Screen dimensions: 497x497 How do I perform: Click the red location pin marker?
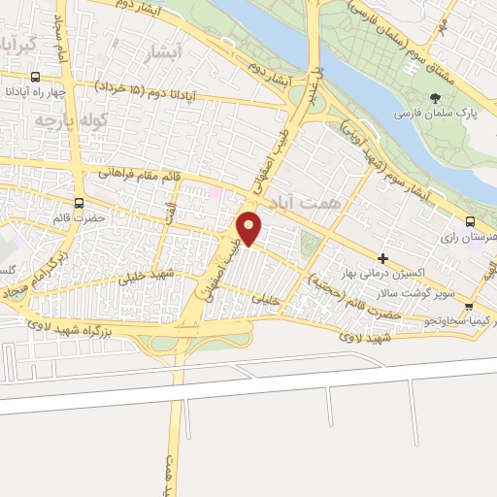(x=249, y=227)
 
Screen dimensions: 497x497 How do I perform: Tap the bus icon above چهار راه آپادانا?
(x=36, y=78)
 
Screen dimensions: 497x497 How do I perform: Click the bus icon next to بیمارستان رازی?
(x=470, y=222)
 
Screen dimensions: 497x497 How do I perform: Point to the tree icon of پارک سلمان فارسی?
(x=436, y=98)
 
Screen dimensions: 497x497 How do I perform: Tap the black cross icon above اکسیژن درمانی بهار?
(x=383, y=259)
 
